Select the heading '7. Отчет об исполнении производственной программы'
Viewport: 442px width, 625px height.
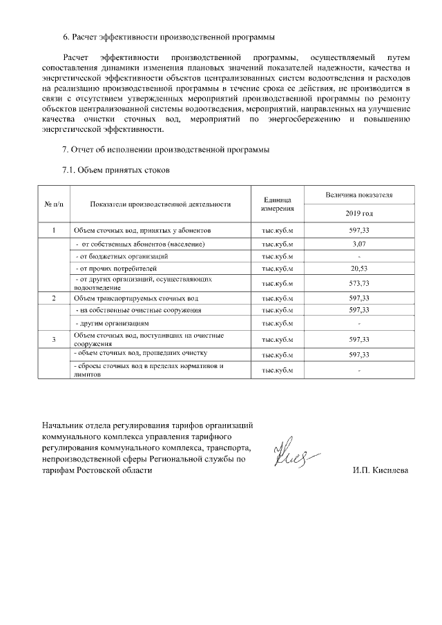tap(165, 150)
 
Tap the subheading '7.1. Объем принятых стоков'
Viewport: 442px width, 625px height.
tap(115, 169)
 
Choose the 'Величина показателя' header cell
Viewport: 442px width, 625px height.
tap(360, 196)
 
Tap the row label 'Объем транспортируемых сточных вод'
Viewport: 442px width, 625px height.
tap(135, 298)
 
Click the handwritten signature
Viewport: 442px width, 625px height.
tap(295, 454)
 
